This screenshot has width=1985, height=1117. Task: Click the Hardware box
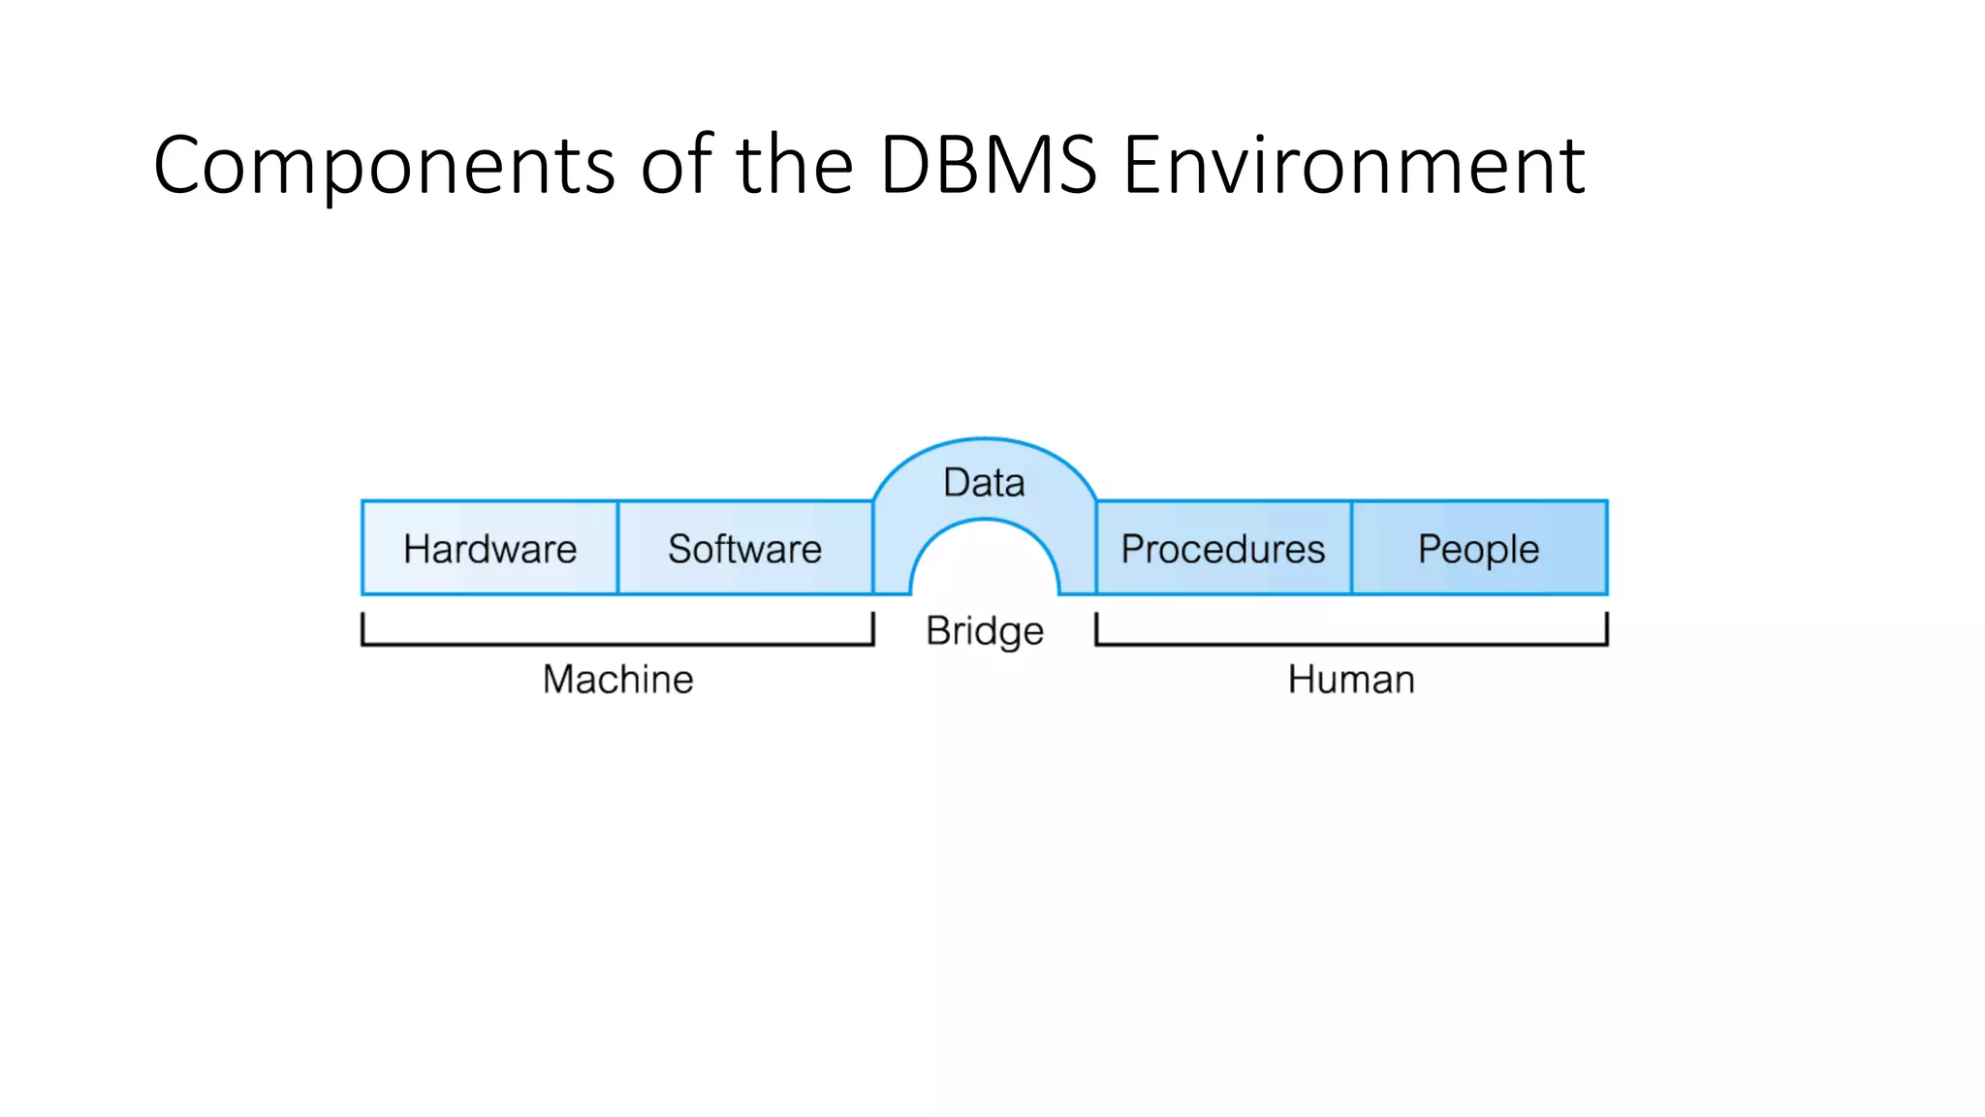coord(489,549)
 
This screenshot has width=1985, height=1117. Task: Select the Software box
coord(744,549)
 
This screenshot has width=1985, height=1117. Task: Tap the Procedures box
coord(1222,549)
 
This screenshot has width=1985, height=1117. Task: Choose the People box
coord(1478,549)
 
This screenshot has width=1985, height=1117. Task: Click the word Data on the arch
coord(984,483)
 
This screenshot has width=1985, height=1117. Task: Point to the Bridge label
coord(985,631)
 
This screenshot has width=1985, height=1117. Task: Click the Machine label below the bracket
coord(618,680)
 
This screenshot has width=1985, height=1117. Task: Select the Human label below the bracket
coord(1351,680)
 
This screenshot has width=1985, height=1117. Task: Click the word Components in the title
coord(384,166)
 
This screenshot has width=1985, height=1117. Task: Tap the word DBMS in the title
coord(988,166)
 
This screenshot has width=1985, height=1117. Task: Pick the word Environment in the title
coord(1353,166)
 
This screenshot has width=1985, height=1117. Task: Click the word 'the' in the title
coord(794,166)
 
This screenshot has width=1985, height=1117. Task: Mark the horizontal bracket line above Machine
coord(618,644)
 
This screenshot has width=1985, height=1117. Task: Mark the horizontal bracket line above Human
coord(1351,644)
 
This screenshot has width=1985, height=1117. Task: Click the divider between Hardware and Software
coord(617,548)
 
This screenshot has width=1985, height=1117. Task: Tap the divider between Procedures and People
coord(1351,548)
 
